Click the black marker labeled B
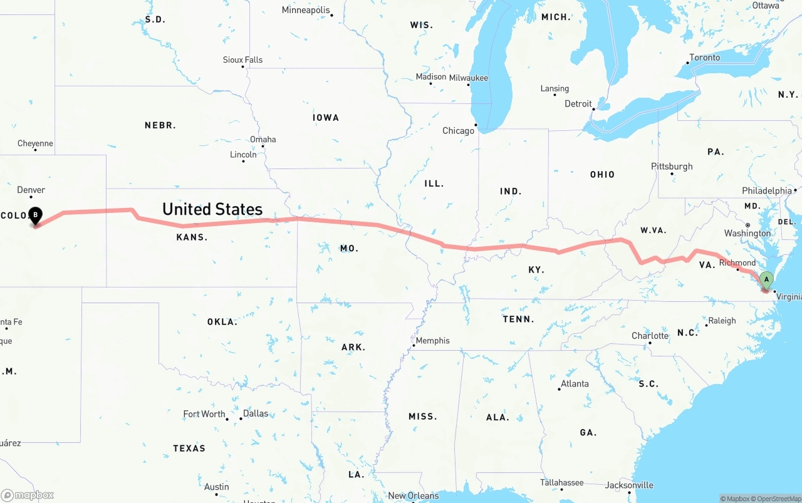(x=36, y=215)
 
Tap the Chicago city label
(x=459, y=131)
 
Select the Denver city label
(x=31, y=190)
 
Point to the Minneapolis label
(x=305, y=10)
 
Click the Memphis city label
(x=432, y=341)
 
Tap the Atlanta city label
(x=575, y=384)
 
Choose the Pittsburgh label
(x=672, y=167)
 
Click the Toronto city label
(x=705, y=58)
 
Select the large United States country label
(x=212, y=209)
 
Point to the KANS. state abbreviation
(x=192, y=237)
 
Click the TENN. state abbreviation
(x=518, y=319)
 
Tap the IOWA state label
(x=326, y=118)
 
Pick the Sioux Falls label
(x=242, y=60)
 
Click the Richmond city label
(x=737, y=262)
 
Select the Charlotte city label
(x=650, y=336)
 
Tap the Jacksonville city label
(x=629, y=485)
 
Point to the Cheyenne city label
(x=35, y=143)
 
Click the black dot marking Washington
(x=747, y=225)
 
